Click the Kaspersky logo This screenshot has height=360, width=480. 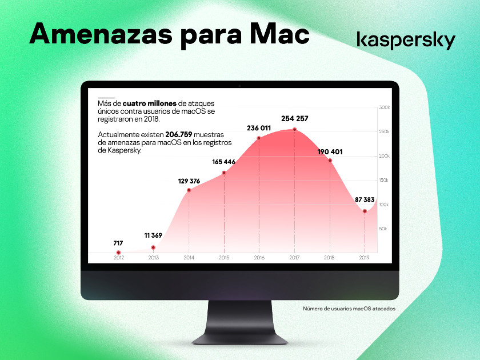point(406,40)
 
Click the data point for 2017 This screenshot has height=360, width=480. point(294,130)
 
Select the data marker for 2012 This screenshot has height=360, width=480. point(118,253)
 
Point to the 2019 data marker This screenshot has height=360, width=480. point(365,211)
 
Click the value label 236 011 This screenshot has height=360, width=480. point(259,128)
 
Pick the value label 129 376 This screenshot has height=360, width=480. point(189,181)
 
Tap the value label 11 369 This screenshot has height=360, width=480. point(153,235)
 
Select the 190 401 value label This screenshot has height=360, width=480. point(330,152)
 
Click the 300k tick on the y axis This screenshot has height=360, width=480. point(384,107)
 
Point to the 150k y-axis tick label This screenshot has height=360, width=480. point(383,181)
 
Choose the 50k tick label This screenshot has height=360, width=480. point(383,229)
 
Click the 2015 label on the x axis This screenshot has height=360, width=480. point(224,258)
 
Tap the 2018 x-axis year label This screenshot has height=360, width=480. point(329,258)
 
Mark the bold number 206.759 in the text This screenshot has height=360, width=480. point(179,134)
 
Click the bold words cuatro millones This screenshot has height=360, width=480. point(150,103)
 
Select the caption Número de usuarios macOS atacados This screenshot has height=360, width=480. point(349,309)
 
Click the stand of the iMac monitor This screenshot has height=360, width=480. point(239,322)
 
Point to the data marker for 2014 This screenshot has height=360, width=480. point(189,190)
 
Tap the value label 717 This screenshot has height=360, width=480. point(118,243)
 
